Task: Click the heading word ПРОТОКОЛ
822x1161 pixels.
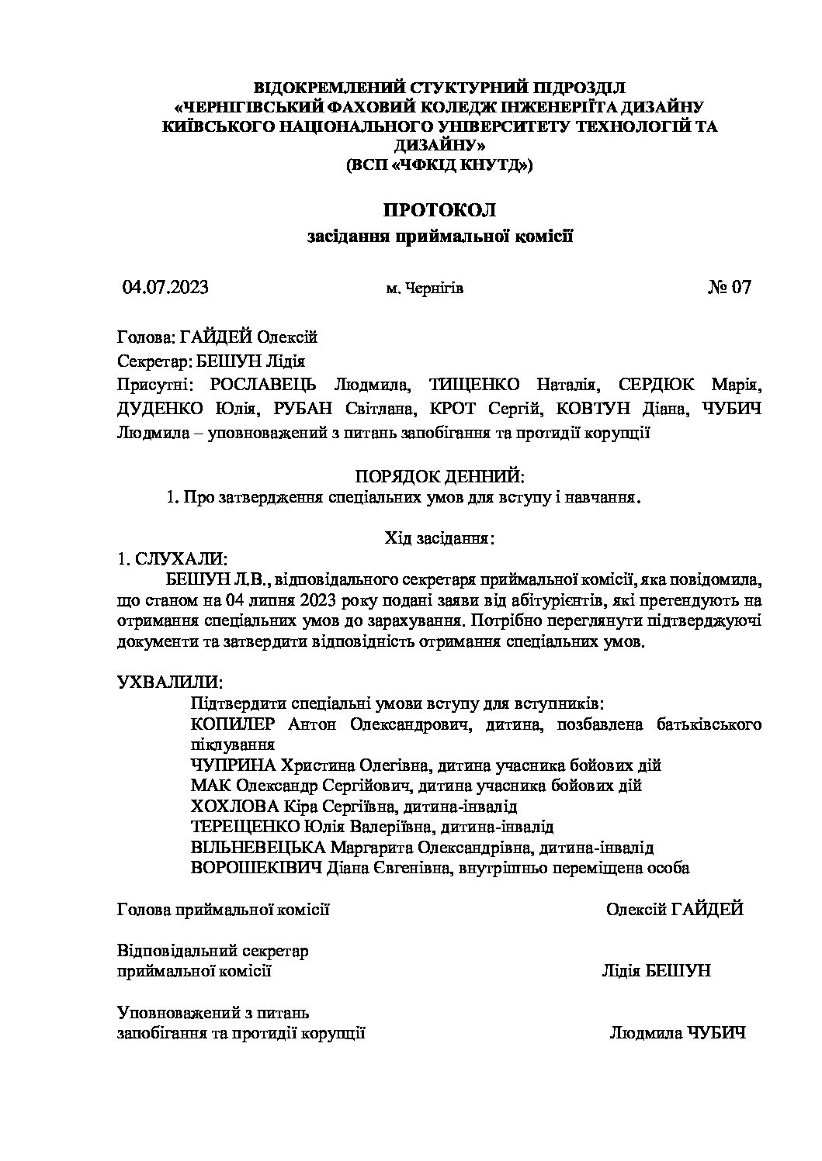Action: [439, 209]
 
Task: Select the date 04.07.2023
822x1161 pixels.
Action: [165, 288]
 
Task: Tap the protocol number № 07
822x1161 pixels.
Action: [730, 288]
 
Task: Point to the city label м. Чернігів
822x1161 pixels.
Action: [425, 289]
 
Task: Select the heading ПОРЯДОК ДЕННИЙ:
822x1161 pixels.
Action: [440, 475]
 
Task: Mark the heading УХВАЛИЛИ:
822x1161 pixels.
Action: [169, 682]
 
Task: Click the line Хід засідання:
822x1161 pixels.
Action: [440, 537]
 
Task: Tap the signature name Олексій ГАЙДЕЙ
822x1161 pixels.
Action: [675, 909]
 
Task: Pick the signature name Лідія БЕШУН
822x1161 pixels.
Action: [656, 971]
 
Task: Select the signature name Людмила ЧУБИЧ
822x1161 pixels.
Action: [678, 1033]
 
